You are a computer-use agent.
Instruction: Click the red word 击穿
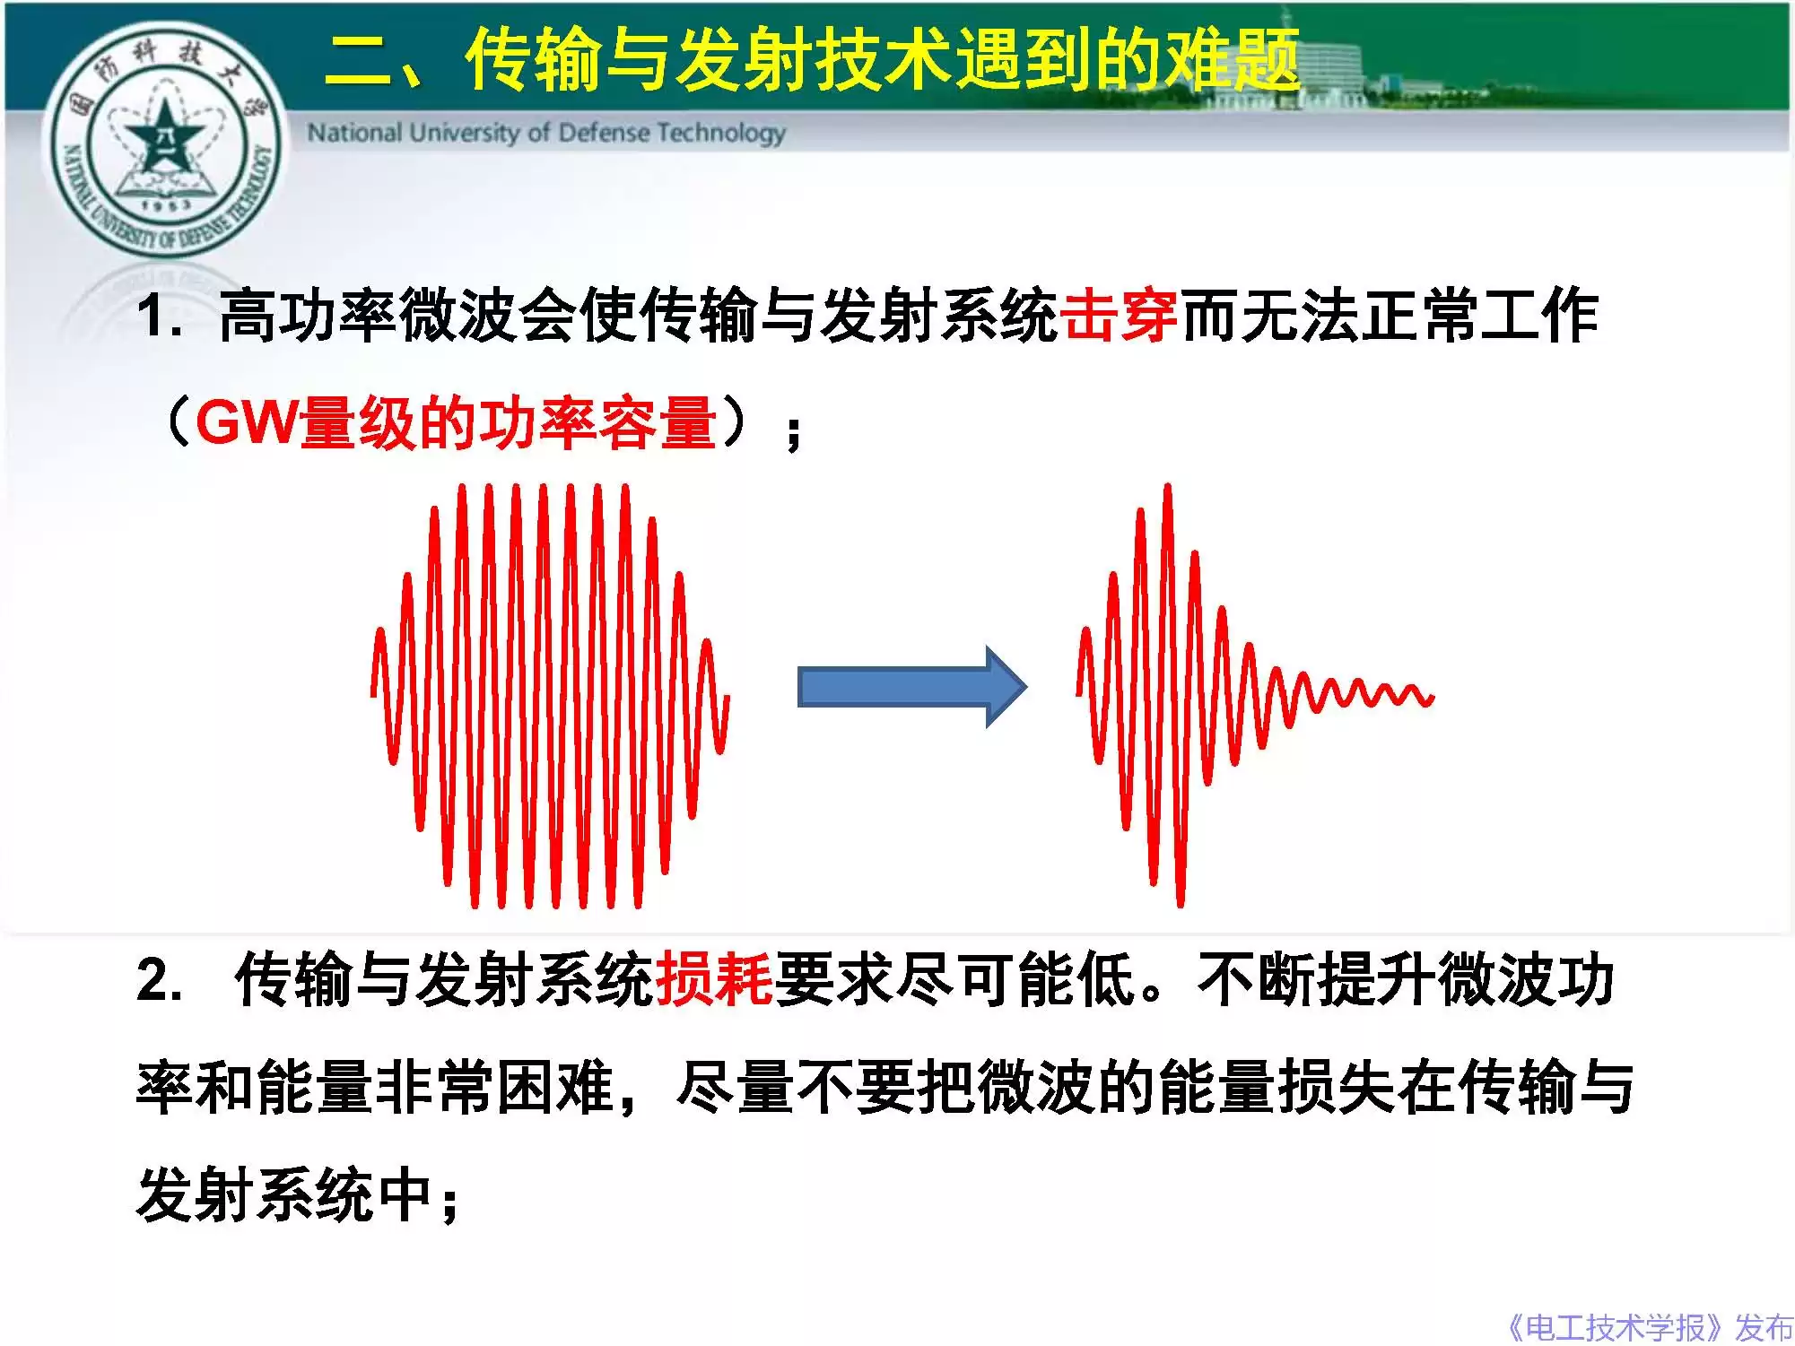coord(1119,317)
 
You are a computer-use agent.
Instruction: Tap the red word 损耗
coord(714,978)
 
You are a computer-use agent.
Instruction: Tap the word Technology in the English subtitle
coord(721,134)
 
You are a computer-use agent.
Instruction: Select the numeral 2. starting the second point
coord(159,979)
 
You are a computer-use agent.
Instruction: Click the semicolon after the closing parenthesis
coord(793,434)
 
